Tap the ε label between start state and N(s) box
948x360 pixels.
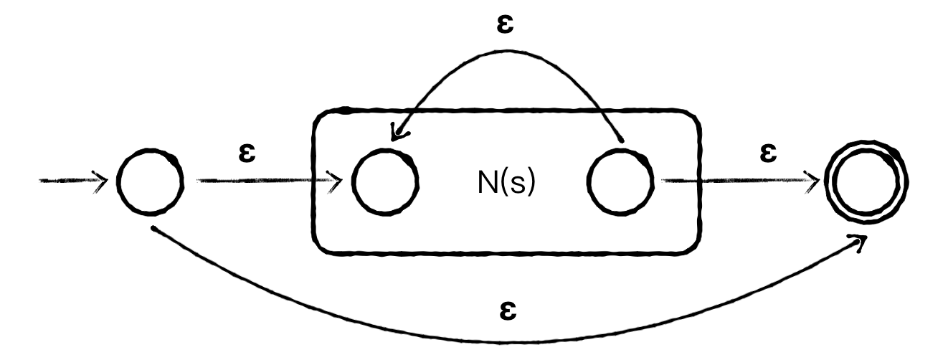pos(248,153)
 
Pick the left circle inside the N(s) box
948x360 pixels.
pos(386,181)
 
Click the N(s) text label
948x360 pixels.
pos(506,184)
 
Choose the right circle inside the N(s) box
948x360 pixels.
pos(620,181)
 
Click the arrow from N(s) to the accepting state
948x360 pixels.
pos(739,181)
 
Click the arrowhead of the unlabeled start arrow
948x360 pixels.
pos(100,181)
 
